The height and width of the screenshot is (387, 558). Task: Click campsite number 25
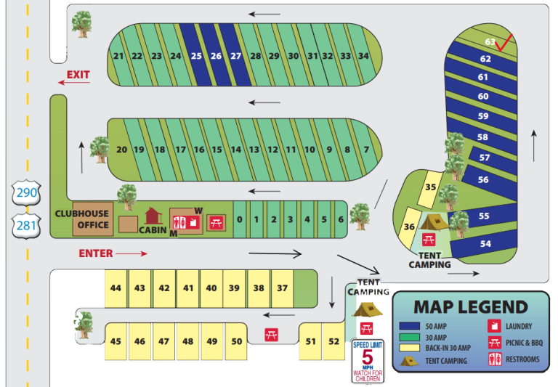click(196, 55)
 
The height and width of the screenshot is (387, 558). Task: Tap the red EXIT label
click(78, 75)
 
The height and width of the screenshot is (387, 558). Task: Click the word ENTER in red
click(95, 253)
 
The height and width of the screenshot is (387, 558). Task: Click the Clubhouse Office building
click(92, 219)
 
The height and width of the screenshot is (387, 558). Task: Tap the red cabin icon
click(153, 216)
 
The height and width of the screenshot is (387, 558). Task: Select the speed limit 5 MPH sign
click(368, 360)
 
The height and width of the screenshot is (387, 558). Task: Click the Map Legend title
click(470, 306)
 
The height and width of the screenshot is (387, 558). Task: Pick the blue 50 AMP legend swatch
click(411, 327)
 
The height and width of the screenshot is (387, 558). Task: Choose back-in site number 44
click(116, 288)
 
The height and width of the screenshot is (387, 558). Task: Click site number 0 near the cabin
click(239, 219)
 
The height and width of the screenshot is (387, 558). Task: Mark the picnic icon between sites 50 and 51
click(272, 335)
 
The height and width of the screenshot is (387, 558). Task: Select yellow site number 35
click(431, 187)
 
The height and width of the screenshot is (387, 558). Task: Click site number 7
click(366, 150)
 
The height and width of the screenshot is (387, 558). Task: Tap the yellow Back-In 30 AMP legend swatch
click(411, 348)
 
